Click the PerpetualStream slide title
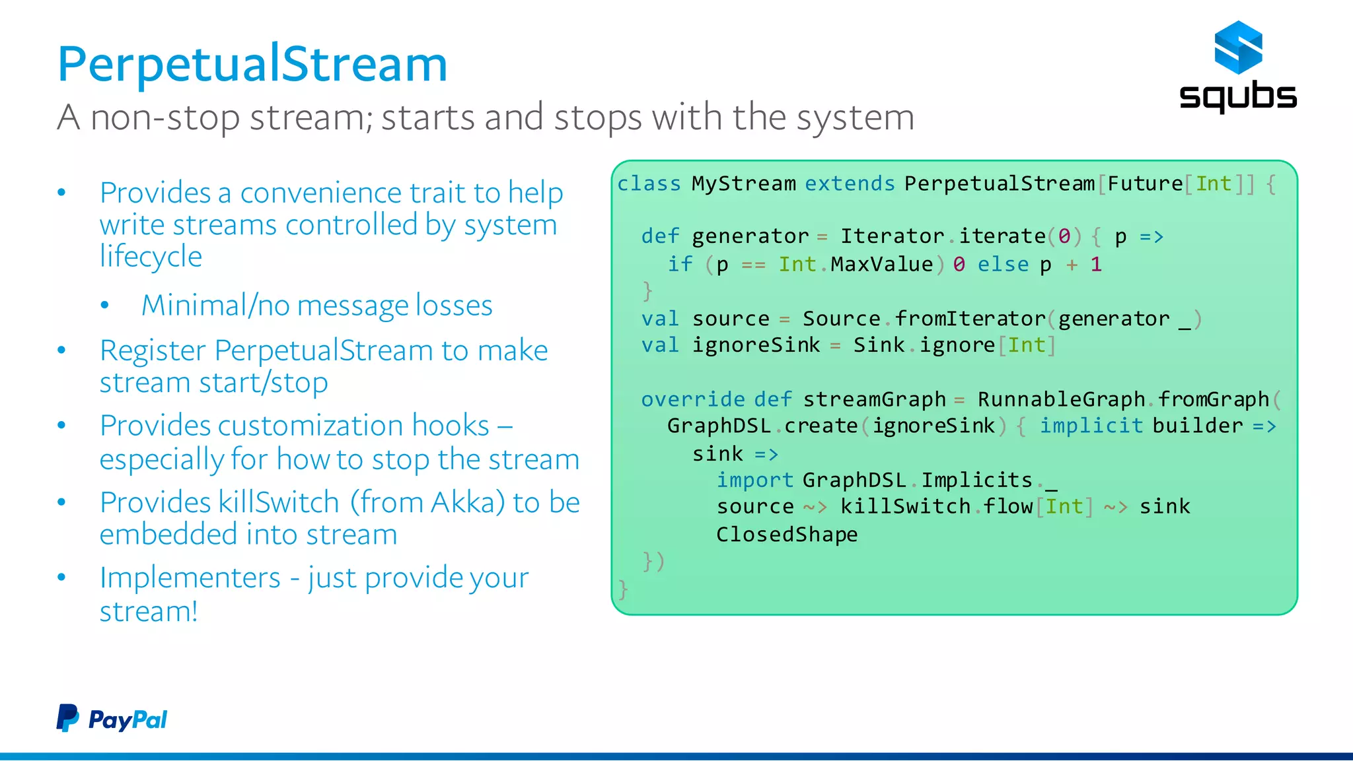[252, 65]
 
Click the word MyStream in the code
[743, 183]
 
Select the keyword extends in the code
[850, 183]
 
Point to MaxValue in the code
[881, 264]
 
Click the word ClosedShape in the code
[786, 534]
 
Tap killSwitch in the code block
[905, 506]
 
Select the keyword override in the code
[692, 399]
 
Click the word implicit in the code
[1091, 426]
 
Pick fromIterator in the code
[970, 319]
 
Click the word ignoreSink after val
[756, 345]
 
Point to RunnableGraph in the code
[1061, 399]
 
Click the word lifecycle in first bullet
[151, 257]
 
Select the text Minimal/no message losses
[316, 306]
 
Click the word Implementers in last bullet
[190, 578]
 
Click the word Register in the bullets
[153, 350]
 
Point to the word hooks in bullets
[450, 426]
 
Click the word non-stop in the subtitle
[165, 117]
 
